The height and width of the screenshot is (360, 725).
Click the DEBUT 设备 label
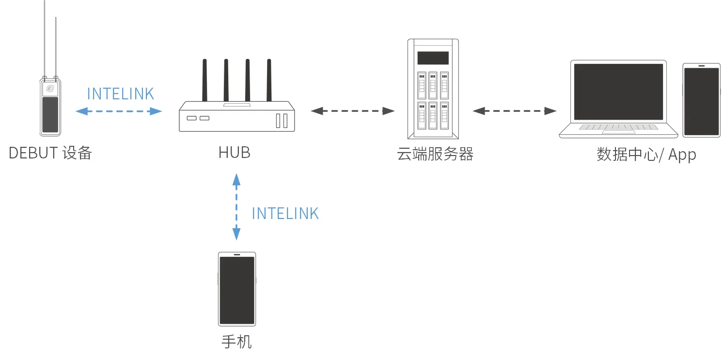click(50, 153)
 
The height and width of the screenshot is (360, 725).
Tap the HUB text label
click(235, 153)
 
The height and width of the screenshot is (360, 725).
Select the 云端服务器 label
click(435, 154)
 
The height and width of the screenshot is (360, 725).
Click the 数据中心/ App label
click(646, 155)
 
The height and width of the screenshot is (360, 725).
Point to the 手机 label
click(236, 342)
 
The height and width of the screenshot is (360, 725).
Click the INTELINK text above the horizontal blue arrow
click(121, 94)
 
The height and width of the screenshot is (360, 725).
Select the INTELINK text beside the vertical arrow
click(285, 214)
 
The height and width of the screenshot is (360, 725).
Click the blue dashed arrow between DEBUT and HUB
click(119, 111)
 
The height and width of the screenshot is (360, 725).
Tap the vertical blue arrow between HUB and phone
click(236, 207)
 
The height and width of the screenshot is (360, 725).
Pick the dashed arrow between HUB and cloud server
click(352, 111)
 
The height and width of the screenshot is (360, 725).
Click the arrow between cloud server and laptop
click(515, 111)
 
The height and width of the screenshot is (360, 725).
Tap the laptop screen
click(618, 92)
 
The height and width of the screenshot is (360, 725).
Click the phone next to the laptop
click(701, 100)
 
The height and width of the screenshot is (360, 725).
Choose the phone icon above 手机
click(236, 289)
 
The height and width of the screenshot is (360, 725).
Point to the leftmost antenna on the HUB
click(205, 80)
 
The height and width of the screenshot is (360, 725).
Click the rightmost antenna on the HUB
click(268, 80)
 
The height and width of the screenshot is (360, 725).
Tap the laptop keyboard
click(618, 127)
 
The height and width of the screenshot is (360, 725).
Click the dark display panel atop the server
click(433, 58)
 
